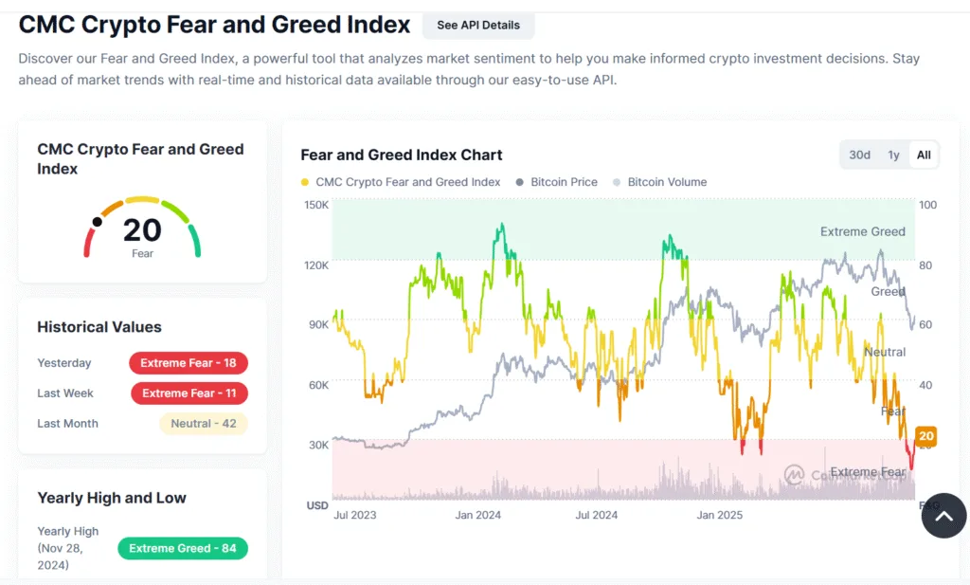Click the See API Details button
[478, 26]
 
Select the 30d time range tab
[859, 155]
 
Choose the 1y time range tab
[893, 155]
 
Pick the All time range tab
[924, 155]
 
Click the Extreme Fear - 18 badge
[189, 363]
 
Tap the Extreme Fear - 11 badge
[189, 393]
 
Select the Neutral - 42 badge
[203, 424]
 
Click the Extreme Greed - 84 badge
[183, 549]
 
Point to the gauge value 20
[142, 229]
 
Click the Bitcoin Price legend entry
[564, 182]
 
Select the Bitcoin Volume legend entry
[667, 182]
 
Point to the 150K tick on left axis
[315, 205]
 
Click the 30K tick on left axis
[315, 445]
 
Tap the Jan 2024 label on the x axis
[478, 516]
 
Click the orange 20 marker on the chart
[926, 437]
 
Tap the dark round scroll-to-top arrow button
[943, 516]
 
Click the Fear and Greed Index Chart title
[402, 155]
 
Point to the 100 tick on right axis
[927, 205]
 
